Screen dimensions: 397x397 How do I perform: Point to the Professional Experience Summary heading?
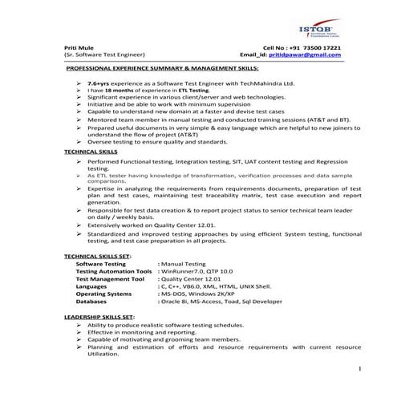162,70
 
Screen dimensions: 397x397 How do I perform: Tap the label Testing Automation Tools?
114,271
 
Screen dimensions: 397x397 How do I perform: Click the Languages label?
91,286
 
